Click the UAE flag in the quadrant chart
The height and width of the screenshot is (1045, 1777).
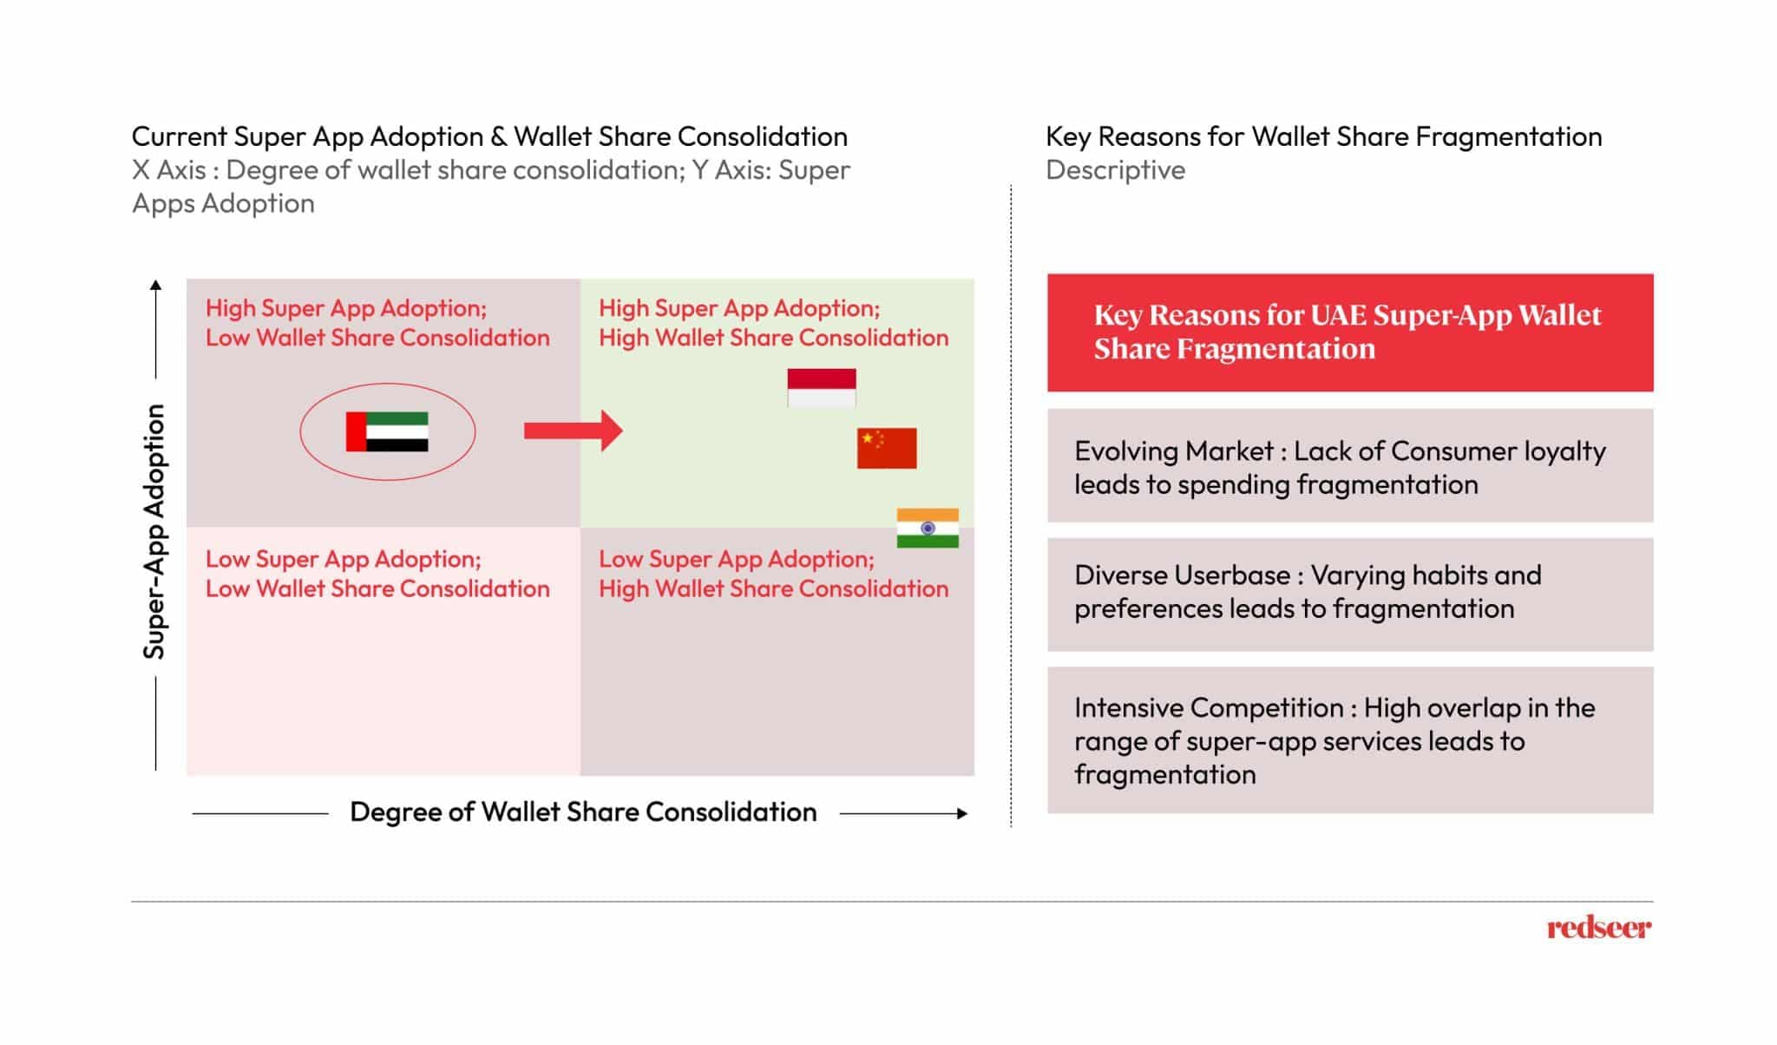tap(387, 431)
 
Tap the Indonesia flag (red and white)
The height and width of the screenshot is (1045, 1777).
tap(821, 387)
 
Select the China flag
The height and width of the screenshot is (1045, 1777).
tap(886, 448)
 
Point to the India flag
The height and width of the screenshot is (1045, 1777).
tap(927, 528)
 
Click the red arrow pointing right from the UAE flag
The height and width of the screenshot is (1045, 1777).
tap(573, 430)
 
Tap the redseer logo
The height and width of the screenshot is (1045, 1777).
tap(1598, 928)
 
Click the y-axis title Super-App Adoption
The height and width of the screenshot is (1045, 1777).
tap(154, 531)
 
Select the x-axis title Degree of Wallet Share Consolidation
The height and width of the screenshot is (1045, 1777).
tap(583, 812)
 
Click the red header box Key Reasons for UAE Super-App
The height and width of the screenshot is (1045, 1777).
tap(1349, 332)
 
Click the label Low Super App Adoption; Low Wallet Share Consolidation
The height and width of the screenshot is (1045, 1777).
tap(377, 574)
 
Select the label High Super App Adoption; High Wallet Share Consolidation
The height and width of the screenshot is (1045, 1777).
tap(773, 323)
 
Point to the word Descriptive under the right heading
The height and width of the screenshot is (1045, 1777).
tap(1115, 170)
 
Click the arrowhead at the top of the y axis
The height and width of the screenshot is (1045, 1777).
tap(155, 285)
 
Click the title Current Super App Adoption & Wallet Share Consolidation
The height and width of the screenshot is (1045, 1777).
tap(489, 136)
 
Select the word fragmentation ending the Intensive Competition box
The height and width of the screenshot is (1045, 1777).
tap(1164, 774)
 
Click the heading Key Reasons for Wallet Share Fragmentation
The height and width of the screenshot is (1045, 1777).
tap(1323, 136)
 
